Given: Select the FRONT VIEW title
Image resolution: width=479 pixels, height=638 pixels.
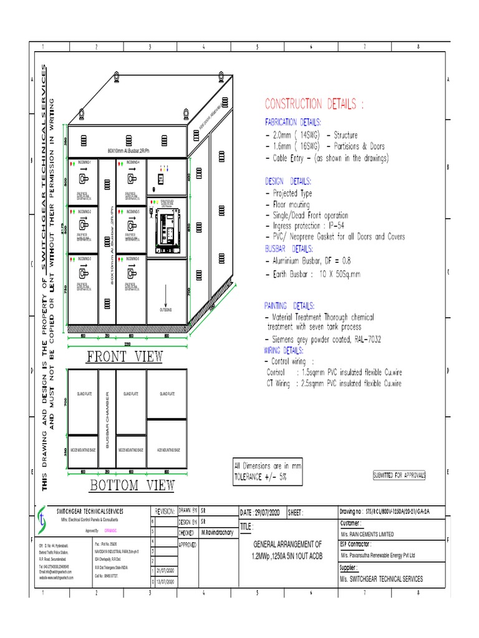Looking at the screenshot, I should click(124, 356).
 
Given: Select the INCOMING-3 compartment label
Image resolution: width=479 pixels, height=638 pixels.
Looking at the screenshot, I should click(84, 258).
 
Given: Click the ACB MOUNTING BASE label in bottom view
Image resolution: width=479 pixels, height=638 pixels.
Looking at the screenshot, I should click(167, 449).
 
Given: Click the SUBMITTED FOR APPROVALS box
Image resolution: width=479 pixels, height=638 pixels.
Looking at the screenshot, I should click(399, 475).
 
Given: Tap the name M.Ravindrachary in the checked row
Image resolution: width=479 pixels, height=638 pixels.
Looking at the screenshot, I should click(218, 533).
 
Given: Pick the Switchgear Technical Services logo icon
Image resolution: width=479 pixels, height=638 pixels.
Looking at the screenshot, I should click(41, 517).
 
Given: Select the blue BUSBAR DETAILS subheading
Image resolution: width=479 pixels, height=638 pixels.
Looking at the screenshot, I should click(288, 248).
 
